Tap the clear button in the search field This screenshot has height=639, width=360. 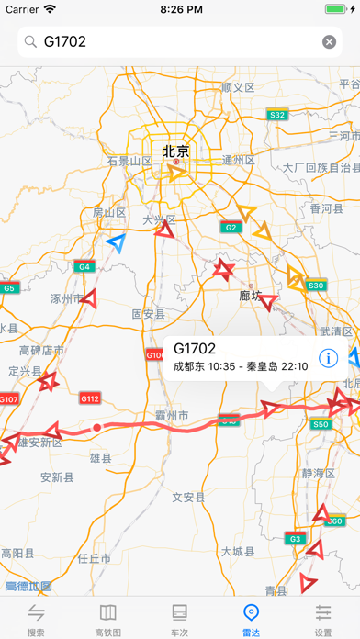coord(329,41)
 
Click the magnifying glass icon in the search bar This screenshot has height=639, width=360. coord(30,41)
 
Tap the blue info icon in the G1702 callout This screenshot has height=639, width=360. coord(326,357)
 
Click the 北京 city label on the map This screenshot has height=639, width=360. coord(175,151)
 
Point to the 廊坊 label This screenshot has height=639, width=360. coord(251,296)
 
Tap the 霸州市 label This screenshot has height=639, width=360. coord(170,416)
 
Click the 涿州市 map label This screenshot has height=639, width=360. coord(67,298)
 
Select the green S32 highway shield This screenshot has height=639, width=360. coord(276,115)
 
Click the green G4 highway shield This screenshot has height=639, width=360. coord(84,267)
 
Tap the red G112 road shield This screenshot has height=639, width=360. coord(90,398)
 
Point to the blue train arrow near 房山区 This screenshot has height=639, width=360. coord(115,242)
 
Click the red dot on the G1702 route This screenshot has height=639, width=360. coord(96,427)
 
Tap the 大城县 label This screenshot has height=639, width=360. coord(238,551)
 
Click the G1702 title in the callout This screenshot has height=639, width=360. coord(194,348)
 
